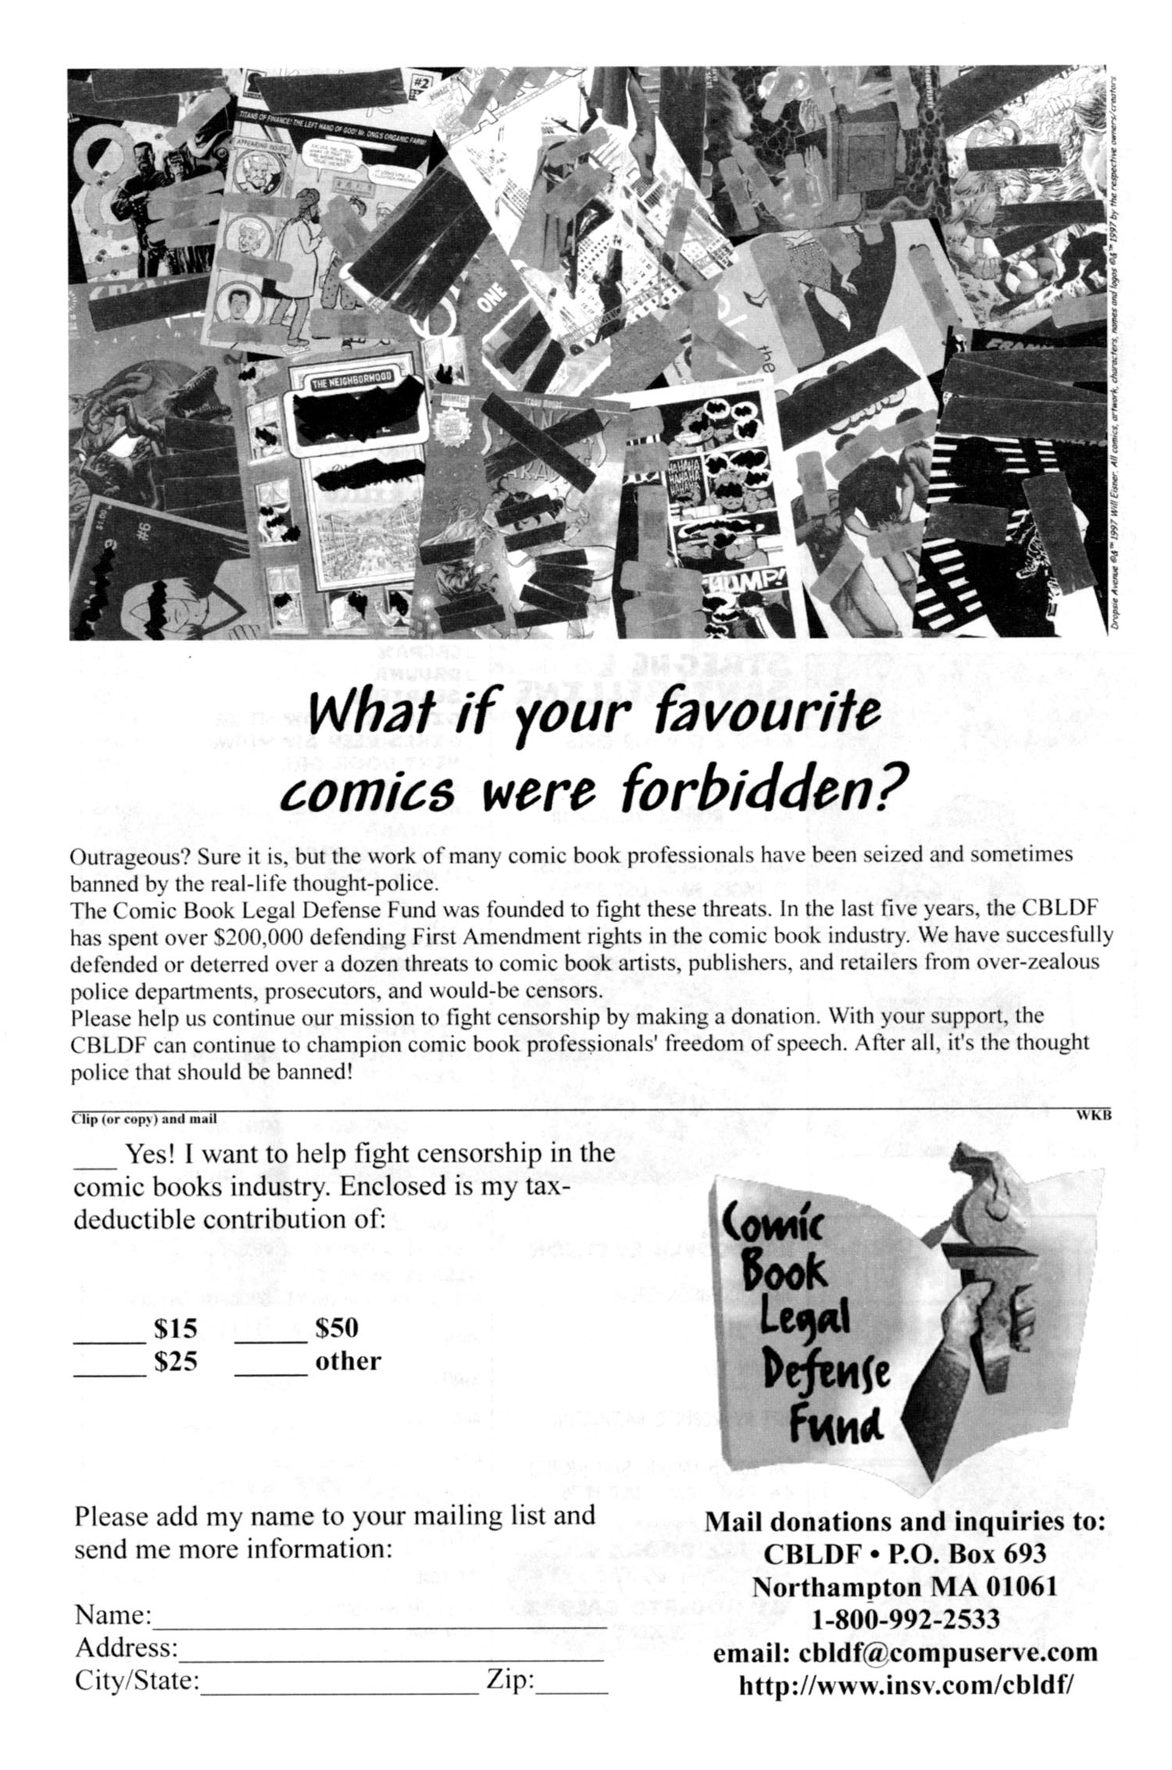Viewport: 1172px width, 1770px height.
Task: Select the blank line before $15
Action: pyautogui.click(x=109, y=1340)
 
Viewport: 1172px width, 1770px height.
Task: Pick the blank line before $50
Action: pyautogui.click(x=270, y=1340)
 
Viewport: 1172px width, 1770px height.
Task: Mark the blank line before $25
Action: pyautogui.click(x=109, y=1373)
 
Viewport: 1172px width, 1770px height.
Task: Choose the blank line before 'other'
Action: pyautogui.click(x=270, y=1373)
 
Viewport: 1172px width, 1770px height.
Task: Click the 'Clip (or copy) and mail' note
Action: pyautogui.click(x=143, y=1119)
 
